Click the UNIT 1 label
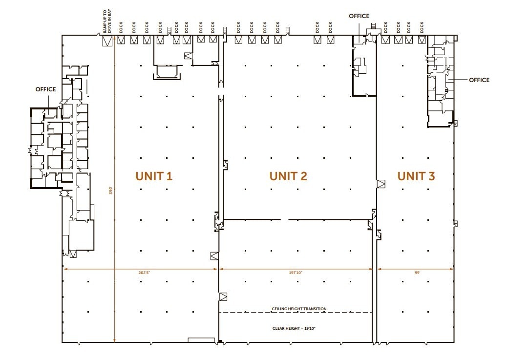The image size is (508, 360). tap(154, 176)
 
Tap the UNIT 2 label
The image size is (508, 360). tap(288, 176)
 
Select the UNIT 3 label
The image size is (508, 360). tap(416, 176)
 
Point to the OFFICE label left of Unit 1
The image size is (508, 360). tap(45, 89)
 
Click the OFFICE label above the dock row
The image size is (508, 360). tap(359, 16)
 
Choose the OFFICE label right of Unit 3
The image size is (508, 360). tap(479, 80)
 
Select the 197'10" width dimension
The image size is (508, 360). tap(295, 273)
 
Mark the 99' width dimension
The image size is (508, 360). tap(417, 273)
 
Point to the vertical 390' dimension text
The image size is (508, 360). tap(110, 192)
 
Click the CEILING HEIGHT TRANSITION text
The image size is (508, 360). tap(299, 309)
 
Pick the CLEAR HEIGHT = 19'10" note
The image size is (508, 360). tap(294, 328)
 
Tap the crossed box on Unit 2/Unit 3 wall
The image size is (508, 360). tap(381, 184)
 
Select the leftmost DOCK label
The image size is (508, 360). tap(120, 27)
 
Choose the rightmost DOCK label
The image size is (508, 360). tap(421, 27)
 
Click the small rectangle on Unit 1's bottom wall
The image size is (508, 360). tap(201, 339)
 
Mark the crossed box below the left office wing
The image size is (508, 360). tap(73, 254)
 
